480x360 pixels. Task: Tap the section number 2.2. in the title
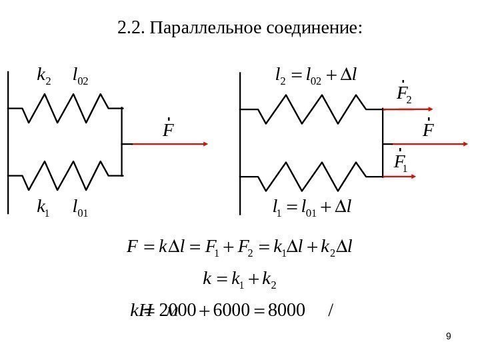pyautogui.click(x=131, y=28)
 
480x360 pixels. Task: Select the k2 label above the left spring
pyautogui.click(x=44, y=81)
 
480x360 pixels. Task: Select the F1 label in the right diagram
pyautogui.click(x=400, y=162)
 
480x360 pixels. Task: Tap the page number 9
pyautogui.click(x=448, y=336)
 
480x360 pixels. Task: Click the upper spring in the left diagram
pyautogui.click(x=67, y=109)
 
